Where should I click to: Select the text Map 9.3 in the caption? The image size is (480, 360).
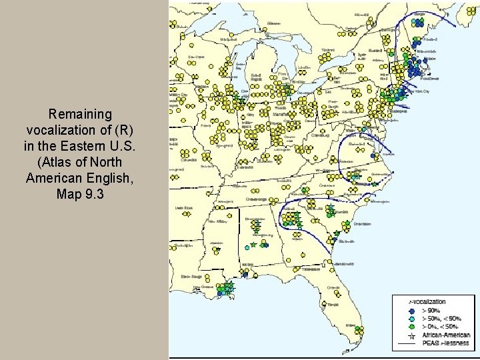tap(84, 194)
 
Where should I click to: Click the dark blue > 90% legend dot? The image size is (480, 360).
tap(413, 311)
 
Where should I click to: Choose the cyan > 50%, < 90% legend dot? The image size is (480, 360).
tap(413, 319)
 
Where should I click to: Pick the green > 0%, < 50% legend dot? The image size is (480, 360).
tap(413, 327)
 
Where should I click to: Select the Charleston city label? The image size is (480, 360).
tap(362, 224)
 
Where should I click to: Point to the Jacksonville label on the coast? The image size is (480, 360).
tap(346, 265)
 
